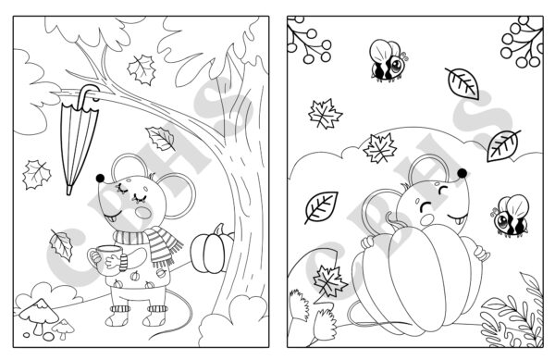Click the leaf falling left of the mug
pos(62,245)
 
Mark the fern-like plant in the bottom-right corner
pos(519,309)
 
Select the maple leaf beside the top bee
pos(326,116)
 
